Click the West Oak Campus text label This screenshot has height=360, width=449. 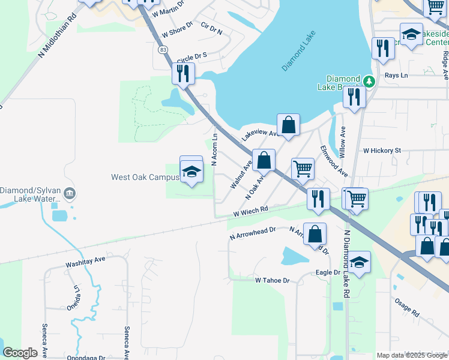[145, 177]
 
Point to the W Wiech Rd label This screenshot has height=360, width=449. [250, 211]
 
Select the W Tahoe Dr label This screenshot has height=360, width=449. [272, 280]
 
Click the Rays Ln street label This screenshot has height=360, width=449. [396, 76]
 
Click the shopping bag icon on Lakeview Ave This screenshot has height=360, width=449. [288, 125]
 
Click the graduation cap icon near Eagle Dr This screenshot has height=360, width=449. [359, 262]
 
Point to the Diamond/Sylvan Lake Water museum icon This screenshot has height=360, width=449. [70, 194]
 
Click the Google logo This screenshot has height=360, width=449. [20, 352]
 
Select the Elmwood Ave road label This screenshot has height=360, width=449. [334, 160]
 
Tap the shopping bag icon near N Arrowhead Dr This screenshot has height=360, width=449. [315, 234]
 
